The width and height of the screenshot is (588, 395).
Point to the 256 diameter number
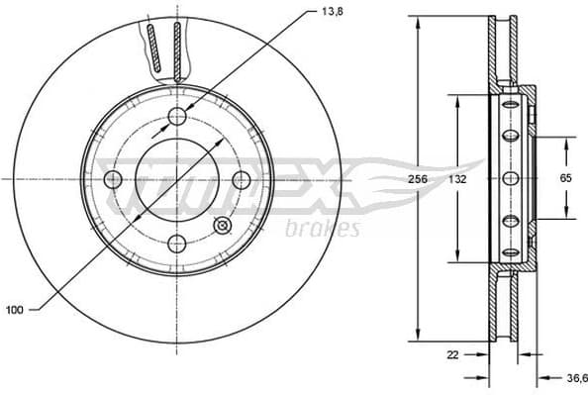click(420, 180)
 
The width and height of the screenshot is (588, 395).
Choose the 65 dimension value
click(566, 179)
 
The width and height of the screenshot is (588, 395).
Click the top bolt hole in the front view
click(177, 116)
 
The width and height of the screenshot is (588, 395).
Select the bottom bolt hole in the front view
click(177, 243)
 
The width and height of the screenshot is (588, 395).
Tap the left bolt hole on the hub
click(113, 179)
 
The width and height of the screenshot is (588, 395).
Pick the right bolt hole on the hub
click(241, 179)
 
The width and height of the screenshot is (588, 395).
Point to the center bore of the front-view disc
click(176, 179)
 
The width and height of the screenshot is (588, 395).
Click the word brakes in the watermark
click(322, 231)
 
